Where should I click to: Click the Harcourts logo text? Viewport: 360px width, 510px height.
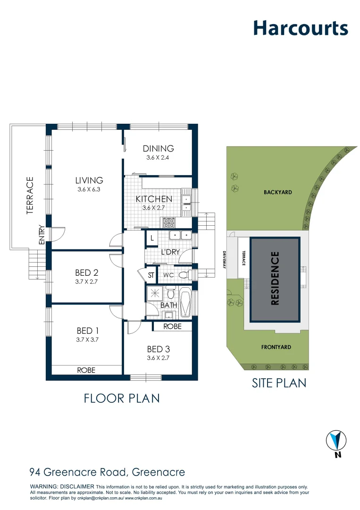pyautogui.click(x=301, y=28)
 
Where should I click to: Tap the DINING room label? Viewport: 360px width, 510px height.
pyautogui.click(x=159, y=148)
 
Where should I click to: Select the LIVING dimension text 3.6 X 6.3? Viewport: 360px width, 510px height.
pyautogui.click(x=89, y=189)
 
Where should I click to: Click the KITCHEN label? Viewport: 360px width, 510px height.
pyautogui.click(x=154, y=199)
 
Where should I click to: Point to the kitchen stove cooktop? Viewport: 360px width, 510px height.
pyautogui.click(x=168, y=221)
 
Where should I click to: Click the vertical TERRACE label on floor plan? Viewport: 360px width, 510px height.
pyautogui.click(x=30, y=195)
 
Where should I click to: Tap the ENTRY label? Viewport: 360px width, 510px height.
pyautogui.click(x=42, y=234)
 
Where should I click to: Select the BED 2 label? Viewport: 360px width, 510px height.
pyautogui.click(x=86, y=272)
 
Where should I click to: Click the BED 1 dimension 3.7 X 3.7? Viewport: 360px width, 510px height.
pyautogui.click(x=87, y=339)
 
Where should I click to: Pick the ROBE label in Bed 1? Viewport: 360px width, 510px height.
pyautogui.click(x=86, y=370)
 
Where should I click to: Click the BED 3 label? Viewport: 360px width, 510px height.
pyautogui.click(x=158, y=349)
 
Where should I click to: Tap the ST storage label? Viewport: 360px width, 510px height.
pyautogui.click(x=151, y=275)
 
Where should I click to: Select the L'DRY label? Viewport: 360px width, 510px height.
pyautogui.click(x=170, y=252)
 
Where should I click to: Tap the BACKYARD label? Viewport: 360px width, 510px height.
pyautogui.click(x=278, y=192)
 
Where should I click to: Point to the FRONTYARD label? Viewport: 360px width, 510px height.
pyautogui.click(x=276, y=347)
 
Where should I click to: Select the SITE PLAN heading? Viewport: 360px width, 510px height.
pyautogui.click(x=279, y=382)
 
